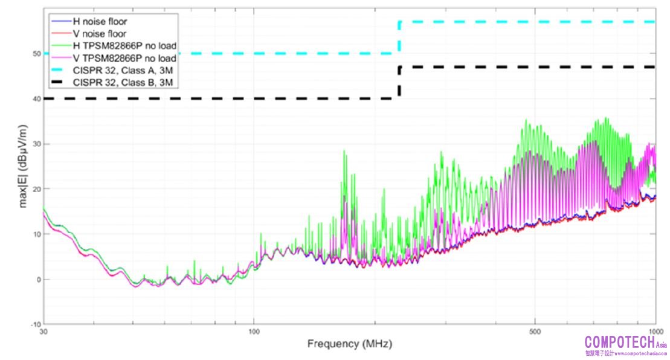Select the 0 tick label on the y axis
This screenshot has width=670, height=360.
(37, 280)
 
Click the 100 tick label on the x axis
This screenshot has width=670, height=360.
(254, 332)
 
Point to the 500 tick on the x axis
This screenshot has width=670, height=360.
(535, 332)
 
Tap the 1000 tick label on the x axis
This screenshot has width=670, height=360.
(655, 332)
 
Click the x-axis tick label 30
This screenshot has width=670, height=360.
(43, 332)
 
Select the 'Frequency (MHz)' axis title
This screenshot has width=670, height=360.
(350, 344)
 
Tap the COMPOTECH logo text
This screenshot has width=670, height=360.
(619, 341)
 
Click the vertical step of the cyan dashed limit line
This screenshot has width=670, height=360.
(399, 38)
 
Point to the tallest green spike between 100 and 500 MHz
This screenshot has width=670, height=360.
(344, 152)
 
